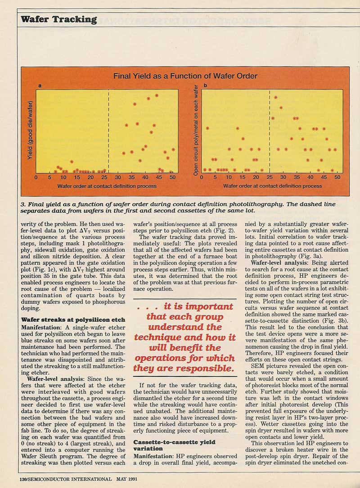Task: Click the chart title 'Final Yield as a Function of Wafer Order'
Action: coord(185,76)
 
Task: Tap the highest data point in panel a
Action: coord(157,95)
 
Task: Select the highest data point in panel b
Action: coord(275,97)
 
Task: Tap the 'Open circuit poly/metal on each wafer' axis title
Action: coord(196,131)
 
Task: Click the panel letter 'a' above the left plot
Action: coord(40,86)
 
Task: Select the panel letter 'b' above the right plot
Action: coord(206,86)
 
